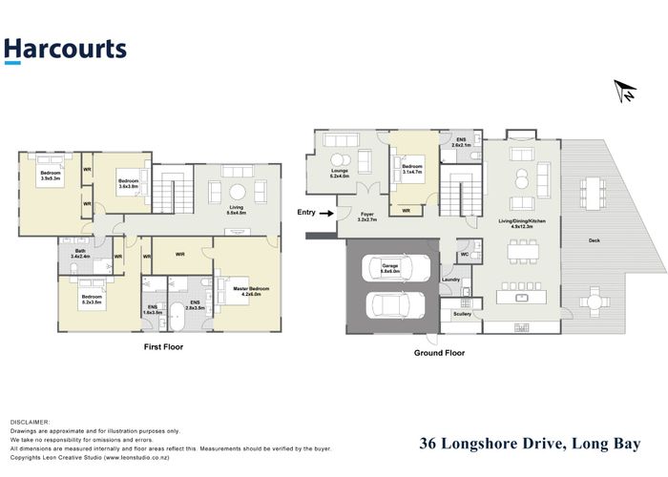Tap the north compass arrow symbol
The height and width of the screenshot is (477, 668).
[625, 91]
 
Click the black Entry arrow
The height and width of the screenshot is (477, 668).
[327, 213]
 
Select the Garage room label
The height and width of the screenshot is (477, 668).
[389, 269]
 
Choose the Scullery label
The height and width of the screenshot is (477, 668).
[462, 313]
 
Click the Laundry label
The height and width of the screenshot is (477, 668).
[451, 280]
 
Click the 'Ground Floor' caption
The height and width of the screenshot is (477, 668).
[439, 352]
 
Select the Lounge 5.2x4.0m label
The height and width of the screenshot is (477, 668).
[340, 175]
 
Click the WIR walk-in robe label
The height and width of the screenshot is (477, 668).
[180, 254]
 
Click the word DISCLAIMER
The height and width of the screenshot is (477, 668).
[30, 421]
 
